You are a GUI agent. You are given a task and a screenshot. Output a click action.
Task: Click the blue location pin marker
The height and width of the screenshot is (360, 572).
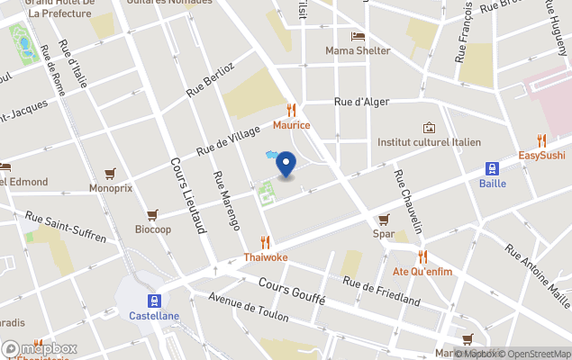pos(286,164)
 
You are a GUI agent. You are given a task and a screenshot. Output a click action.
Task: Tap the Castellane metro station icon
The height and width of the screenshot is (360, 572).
pos(155,301)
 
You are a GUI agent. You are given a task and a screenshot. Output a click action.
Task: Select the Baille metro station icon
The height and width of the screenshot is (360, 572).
pos(493,168)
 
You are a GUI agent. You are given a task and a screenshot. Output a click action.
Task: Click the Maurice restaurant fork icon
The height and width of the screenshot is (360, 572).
pos(292,110)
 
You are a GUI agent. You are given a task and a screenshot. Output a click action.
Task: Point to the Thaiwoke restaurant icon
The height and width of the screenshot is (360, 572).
pos(265,241)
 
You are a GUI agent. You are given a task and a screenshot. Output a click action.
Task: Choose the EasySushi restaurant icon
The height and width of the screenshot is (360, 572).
pos(541,140)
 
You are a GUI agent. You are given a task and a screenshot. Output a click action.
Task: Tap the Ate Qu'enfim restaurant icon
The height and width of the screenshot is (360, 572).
pos(422,256)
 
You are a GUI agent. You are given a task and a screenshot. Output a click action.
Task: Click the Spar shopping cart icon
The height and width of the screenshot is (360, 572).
pos(384,219)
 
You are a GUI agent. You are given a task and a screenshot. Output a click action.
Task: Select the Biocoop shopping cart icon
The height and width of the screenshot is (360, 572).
pos(152,214)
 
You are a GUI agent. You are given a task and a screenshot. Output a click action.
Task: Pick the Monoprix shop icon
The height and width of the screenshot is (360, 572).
pos(111,173)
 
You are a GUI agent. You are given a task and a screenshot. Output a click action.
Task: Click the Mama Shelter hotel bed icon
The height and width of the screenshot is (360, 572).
pos(358,36)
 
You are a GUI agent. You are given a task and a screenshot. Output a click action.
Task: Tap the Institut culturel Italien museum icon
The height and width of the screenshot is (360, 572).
pos(429,128)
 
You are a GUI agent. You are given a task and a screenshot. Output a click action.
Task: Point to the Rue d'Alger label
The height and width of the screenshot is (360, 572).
pos(360,103)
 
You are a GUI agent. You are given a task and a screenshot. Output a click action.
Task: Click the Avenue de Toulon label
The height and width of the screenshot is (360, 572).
pos(248,307)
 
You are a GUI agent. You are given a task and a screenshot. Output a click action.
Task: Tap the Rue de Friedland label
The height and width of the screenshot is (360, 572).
pos(381,291)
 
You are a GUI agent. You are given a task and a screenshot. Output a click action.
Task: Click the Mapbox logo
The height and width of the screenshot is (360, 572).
pos(40,348)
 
